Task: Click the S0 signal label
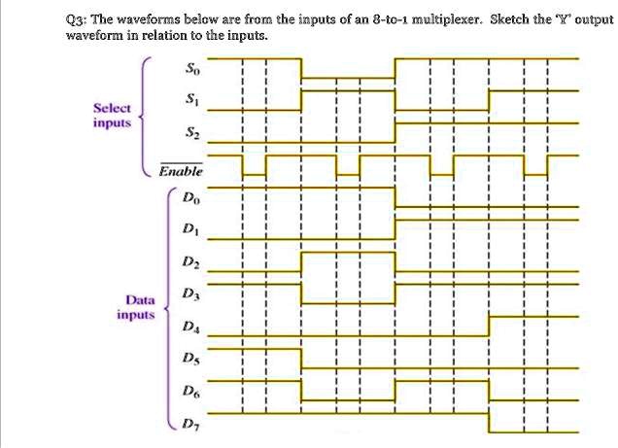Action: point(192,69)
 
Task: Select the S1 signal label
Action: point(192,99)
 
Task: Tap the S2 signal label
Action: point(192,133)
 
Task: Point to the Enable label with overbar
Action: point(181,170)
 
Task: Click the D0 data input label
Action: point(191,197)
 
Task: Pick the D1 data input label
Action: point(191,228)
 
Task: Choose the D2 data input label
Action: point(191,261)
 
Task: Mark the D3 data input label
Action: point(191,293)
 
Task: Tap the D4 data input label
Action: point(191,327)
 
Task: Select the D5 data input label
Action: point(191,359)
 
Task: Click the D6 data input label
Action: point(191,391)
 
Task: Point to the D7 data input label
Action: point(191,424)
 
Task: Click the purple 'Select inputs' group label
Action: point(112,115)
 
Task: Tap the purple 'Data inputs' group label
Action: point(136,307)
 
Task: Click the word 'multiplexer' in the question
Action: point(447,19)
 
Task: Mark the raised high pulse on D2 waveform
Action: point(348,253)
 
